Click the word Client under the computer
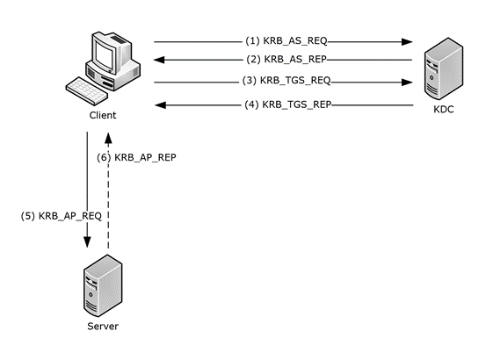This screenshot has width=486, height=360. (x=102, y=116)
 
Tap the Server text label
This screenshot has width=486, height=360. (x=102, y=326)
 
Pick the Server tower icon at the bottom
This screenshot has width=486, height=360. (x=98, y=291)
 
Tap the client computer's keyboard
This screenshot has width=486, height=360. (x=89, y=90)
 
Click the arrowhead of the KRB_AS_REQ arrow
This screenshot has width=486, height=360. (x=408, y=41)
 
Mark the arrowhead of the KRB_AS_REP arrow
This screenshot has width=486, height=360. (x=159, y=61)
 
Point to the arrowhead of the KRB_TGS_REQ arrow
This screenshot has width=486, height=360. (x=408, y=83)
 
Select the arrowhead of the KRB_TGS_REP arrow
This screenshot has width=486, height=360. (x=159, y=104)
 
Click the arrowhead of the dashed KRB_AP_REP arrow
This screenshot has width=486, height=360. (x=107, y=137)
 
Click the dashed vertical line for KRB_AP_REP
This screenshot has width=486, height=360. (x=107, y=202)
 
